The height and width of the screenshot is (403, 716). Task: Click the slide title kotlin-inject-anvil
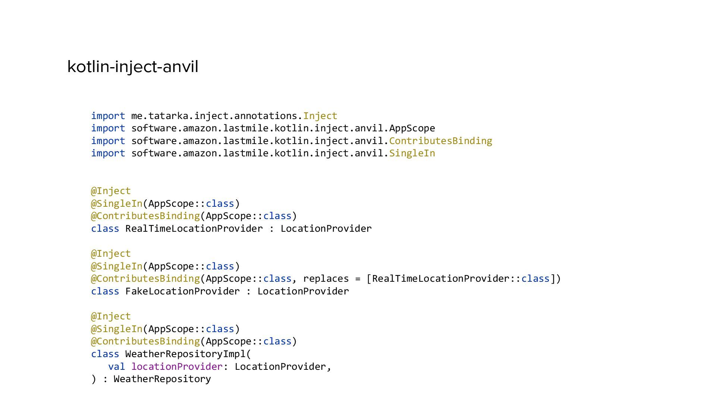(x=133, y=67)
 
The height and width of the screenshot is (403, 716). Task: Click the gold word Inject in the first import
(x=320, y=116)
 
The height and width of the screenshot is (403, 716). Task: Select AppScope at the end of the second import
(x=412, y=128)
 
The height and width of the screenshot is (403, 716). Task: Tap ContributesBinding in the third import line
(x=440, y=141)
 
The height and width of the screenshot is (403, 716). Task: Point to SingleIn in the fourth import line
(x=412, y=153)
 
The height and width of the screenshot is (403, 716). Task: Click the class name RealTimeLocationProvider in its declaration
(x=194, y=228)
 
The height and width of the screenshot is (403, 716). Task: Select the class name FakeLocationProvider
(x=182, y=291)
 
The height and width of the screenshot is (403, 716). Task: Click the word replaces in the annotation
(x=326, y=278)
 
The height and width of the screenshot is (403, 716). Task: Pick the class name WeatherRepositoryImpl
(x=185, y=354)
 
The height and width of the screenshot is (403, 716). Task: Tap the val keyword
(x=116, y=366)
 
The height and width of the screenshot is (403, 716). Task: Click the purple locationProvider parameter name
(x=177, y=366)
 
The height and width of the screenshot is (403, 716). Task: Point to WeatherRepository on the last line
(x=162, y=379)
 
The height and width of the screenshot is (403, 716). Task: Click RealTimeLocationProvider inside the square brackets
(x=441, y=278)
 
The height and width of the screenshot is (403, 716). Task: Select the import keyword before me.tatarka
(x=108, y=116)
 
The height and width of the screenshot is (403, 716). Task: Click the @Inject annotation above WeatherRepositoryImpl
(x=111, y=316)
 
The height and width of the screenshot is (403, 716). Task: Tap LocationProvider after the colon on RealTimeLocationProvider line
(x=326, y=228)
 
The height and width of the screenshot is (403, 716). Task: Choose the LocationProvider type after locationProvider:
(x=280, y=366)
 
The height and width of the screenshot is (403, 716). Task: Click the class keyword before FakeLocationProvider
(x=105, y=291)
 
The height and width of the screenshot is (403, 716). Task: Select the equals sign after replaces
(x=358, y=278)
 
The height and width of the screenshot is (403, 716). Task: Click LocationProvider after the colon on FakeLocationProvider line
(x=303, y=291)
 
